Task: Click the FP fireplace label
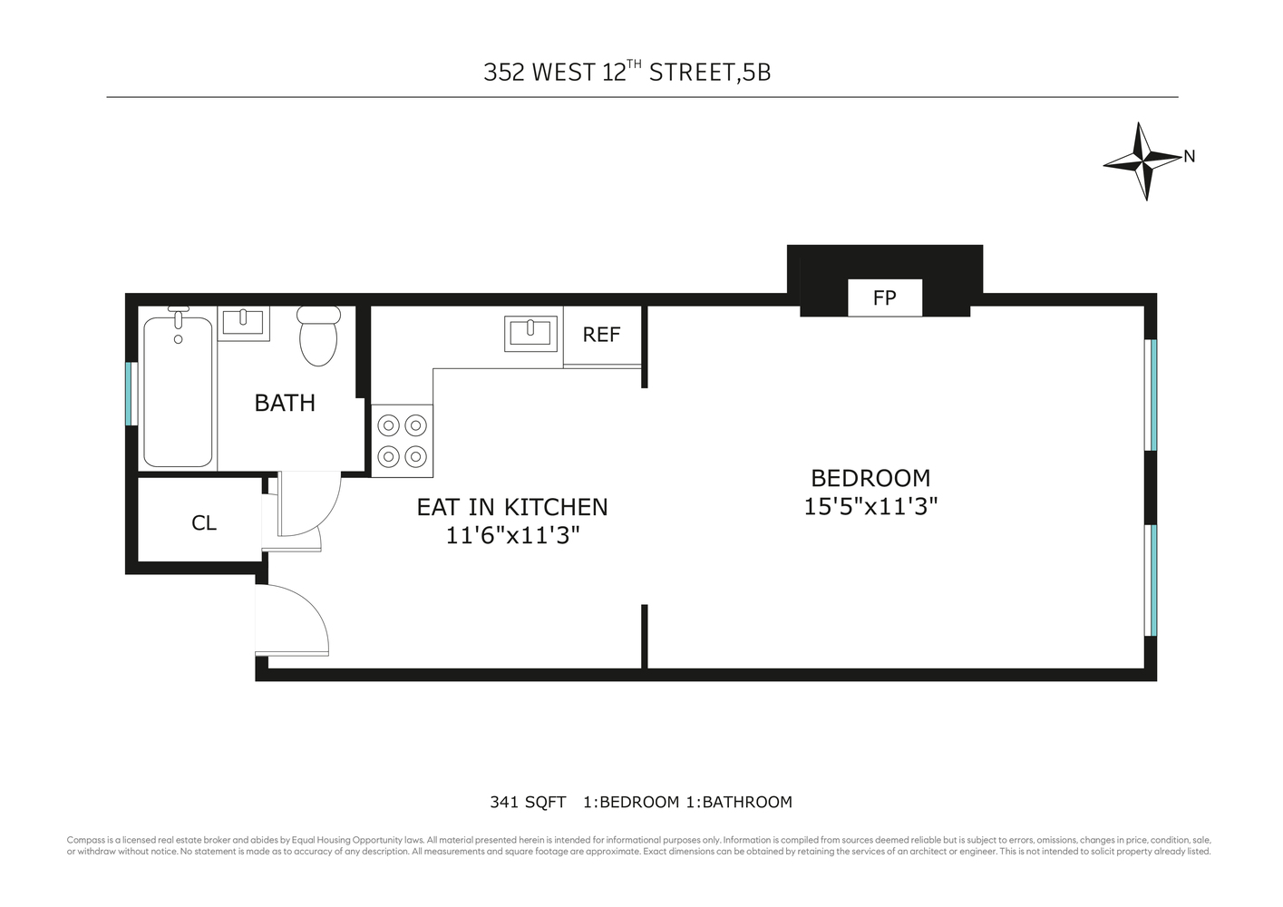[884, 297]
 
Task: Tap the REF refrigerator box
[601, 335]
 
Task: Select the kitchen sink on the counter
[530, 333]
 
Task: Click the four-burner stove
[402, 441]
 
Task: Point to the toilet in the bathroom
[318, 335]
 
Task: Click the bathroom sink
[243, 322]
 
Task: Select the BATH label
[285, 403]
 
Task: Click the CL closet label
[204, 523]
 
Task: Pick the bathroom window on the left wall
[130, 393]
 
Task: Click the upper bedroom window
[1152, 395]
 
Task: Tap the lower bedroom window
[1152, 580]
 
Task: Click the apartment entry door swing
[292, 620]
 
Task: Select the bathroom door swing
[308, 505]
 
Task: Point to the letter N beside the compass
[1190, 157]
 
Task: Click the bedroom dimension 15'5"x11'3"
[870, 506]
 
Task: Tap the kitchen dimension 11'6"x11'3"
[512, 535]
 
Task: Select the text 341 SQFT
[528, 802]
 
